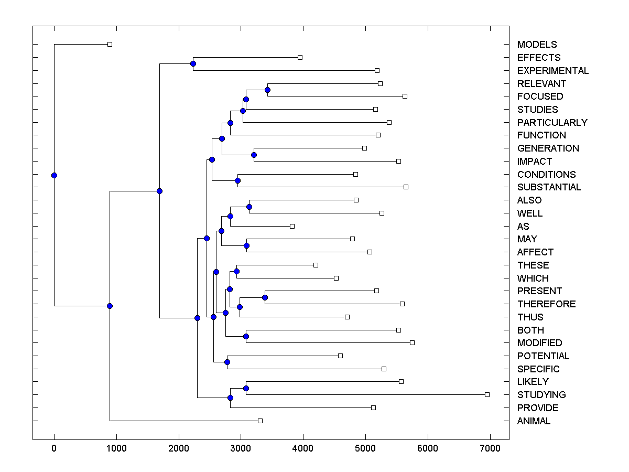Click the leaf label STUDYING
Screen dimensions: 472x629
tap(541, 395)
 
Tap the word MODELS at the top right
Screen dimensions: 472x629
tap(537, 45)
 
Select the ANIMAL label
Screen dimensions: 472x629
tap(534, 421)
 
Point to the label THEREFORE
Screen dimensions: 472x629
tap(546, 304)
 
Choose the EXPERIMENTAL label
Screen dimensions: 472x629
tap(552, 71)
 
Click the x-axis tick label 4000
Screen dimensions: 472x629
tap(303, 447)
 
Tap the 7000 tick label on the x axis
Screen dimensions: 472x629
tap(490, 447)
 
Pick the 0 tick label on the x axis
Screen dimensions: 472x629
tap(54, 447)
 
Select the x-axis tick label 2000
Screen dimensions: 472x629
tap(178, 447)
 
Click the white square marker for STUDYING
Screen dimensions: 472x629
tap(487, 394)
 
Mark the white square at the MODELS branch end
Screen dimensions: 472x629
tap(110, 44)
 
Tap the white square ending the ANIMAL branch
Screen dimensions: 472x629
tap(260, 421)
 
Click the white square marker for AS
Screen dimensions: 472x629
tap(292, 226)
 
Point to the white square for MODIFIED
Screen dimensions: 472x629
tap(412, 342)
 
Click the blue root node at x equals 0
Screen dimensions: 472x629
tap(54, 175)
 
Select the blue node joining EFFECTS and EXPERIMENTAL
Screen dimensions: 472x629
tap(193, 63)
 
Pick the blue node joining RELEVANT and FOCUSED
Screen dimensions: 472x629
tap(267, 90)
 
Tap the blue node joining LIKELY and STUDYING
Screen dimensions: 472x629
tap(246, 388)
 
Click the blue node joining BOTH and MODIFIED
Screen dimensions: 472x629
tap(246, 336)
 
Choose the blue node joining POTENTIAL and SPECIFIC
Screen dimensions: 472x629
tap(227, 362)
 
